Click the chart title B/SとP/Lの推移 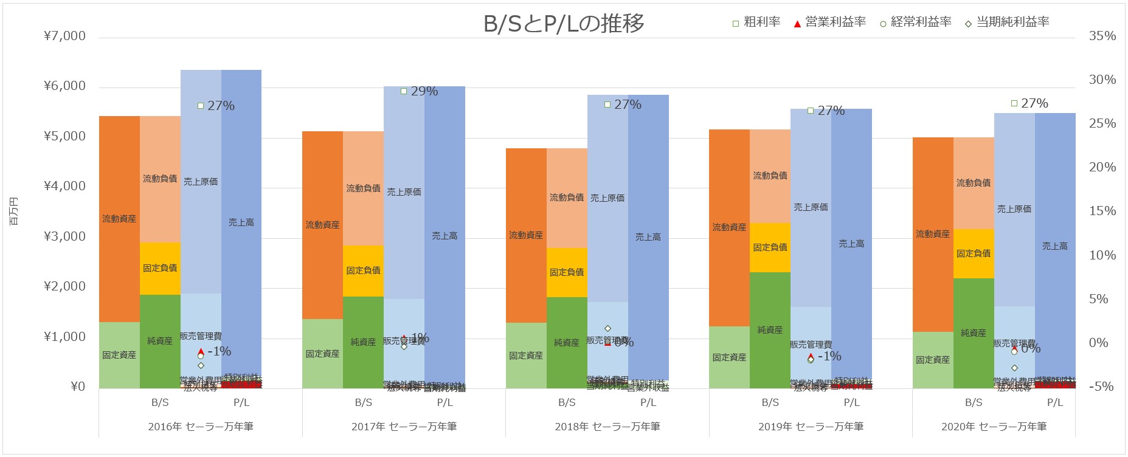(563, 24)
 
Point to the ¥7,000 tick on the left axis (65, 36)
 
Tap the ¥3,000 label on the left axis (65, 236)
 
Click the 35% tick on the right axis (1102, 36)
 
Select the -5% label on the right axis (1101, 387)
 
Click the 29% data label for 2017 (424, 91)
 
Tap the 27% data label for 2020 (1034, 103)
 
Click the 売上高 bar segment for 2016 (241, 222)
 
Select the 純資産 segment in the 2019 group (770, 329)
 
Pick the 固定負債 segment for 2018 (567, 272)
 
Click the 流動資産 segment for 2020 (933, 234)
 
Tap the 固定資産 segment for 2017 (322, 354)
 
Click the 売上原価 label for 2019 (811, 207)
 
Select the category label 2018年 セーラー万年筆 (607, 427)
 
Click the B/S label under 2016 (160, 402)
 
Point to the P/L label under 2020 (1055, 402)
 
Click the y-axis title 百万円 (14, 211)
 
